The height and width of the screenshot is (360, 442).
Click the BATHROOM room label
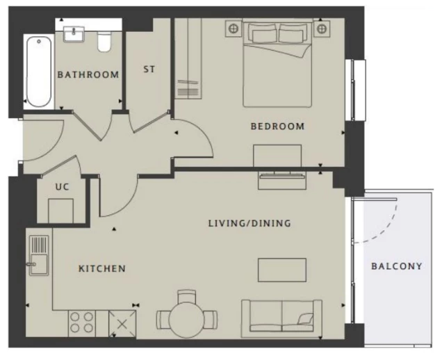[x=88, y=74]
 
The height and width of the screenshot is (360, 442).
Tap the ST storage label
[x=149, y=69]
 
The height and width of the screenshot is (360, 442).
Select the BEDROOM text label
[x=278, y=126]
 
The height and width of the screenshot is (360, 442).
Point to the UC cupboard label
[x=62, y=187]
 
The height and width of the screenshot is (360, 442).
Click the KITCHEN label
[x=102, y=268]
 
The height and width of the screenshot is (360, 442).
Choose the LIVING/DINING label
[x=249, y=223]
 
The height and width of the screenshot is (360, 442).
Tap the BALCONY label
[x=397, y=266]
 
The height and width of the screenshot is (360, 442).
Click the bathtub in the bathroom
[x=39, y=72]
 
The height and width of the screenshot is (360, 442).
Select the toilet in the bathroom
[x=104, y=42]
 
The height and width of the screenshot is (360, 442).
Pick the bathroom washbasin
[x=74, y=34]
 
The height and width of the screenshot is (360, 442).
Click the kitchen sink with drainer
[x=39, y=256]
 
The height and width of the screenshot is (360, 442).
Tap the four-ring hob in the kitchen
[x=81, y=324]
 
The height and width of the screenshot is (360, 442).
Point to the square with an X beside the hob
[x=122, y=324]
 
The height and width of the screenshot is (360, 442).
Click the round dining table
[x=186, y=320]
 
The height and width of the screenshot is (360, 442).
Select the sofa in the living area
[x=281, y=318]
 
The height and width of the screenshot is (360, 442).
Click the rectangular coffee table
[x=282, y=270]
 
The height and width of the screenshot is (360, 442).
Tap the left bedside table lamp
[x=234, y=28]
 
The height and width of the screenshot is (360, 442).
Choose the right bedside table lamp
[x=322, y=28]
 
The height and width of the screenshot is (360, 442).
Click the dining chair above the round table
[x=187, y=296]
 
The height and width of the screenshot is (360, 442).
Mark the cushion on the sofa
[x=306, y=319]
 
